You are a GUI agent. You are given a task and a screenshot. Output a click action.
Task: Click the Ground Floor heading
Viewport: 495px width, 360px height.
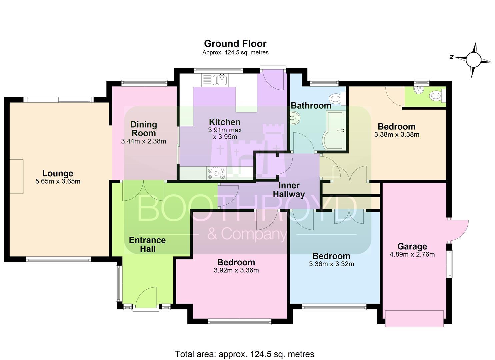click(x=235, y=44)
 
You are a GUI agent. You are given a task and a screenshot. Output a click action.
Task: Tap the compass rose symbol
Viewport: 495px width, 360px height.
click(x=473, y=59)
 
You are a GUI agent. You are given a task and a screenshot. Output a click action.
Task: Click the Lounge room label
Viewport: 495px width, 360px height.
click(x=58, y=173)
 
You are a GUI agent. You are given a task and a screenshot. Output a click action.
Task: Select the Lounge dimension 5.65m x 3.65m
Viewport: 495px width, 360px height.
click(x=58, y=181)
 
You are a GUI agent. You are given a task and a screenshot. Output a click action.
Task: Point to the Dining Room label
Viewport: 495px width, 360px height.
click(x=144, y=129)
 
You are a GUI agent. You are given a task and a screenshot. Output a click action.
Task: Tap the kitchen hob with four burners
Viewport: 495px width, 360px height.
click(x=216, y=173)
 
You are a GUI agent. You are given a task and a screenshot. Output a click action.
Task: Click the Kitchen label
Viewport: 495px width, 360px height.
click(x=225, y=122)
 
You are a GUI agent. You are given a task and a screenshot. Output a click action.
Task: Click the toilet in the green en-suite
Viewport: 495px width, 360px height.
click(x=438, y=96)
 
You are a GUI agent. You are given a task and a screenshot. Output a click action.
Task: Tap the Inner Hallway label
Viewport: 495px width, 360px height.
click(x=289, y=190)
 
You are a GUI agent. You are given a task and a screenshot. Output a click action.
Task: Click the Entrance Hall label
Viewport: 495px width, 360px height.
click(x=147, y=244)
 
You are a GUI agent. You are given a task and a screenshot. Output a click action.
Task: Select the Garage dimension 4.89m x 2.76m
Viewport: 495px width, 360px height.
click(x=412, y=254)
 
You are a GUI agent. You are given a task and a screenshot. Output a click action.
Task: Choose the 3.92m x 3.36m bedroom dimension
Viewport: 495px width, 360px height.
click(x=236, y=270)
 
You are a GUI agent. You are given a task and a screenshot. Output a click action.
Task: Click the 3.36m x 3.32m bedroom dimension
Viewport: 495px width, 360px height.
click(x=331, y=264)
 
